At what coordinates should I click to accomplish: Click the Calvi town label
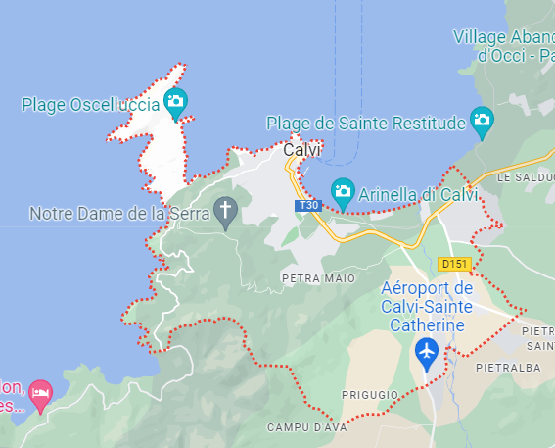(302, 151)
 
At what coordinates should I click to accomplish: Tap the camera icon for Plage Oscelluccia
(175, 100)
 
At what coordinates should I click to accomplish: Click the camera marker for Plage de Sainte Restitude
(482, 122)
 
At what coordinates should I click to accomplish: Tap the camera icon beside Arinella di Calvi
(342, 190)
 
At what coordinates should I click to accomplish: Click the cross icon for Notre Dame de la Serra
(226, 210)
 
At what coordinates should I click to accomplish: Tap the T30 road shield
(308, 206)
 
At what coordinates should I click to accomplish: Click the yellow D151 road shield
(456, 264)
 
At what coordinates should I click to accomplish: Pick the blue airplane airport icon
(426, 350)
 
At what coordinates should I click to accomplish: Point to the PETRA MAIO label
(318, 278)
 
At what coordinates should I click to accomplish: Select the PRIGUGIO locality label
(369, 394)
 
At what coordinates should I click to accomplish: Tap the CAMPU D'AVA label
(301, 428)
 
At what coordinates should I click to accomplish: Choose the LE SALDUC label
(525, 178)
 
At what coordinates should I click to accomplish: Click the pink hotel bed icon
(40, 394)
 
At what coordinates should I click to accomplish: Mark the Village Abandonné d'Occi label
(503, 46)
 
